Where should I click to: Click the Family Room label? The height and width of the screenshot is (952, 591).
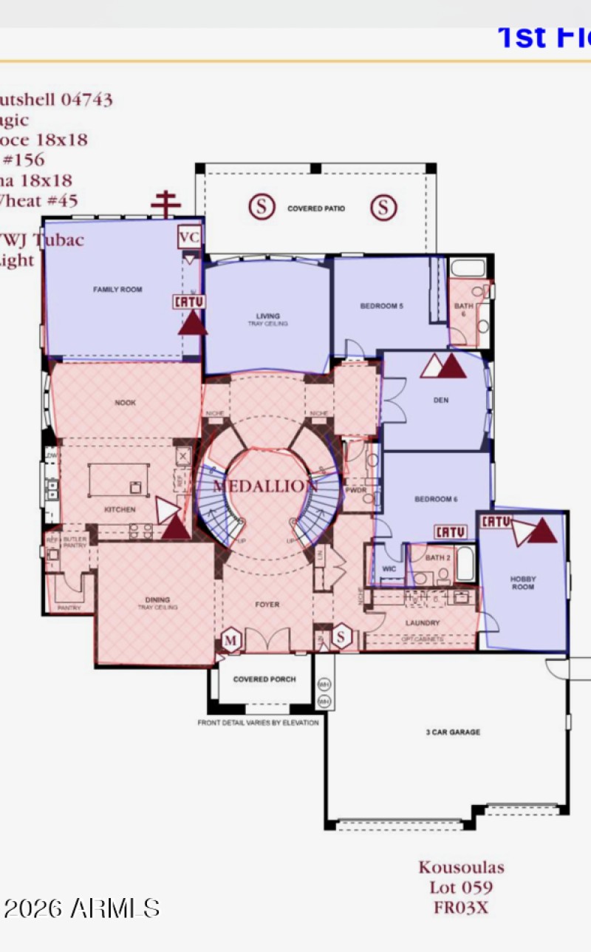tap(117, 290)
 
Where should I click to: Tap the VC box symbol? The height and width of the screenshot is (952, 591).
tap(189, 238)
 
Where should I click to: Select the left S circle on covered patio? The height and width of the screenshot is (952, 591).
tap(260, 207)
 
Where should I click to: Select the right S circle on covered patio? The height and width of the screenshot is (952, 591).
tap(383, 207)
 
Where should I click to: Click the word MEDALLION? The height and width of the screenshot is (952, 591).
tap(265, 486)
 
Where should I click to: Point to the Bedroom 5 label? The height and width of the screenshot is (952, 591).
tap(381, 306)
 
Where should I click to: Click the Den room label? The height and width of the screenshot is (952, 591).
tap(441, 401)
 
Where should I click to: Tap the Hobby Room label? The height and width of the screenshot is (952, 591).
tap(522, 583)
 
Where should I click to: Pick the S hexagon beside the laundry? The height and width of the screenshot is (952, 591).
tap(341, 636)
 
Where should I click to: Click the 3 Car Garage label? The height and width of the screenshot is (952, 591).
tap(453, 732)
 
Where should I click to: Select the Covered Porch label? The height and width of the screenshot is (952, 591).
tap(264, 679)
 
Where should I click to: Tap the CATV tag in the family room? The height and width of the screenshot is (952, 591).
tap(188, 302)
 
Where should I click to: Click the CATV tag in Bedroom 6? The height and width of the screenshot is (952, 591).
tap(450, 532)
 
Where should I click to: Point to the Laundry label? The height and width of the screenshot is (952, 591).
tap(423, 623)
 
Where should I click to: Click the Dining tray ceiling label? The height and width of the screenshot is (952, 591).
tap(157, 603)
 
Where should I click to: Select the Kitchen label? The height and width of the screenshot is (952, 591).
tap(120, 510)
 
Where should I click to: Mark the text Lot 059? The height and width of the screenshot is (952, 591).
tap(461, 887)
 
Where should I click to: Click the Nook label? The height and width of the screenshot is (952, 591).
tap(126, 403)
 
